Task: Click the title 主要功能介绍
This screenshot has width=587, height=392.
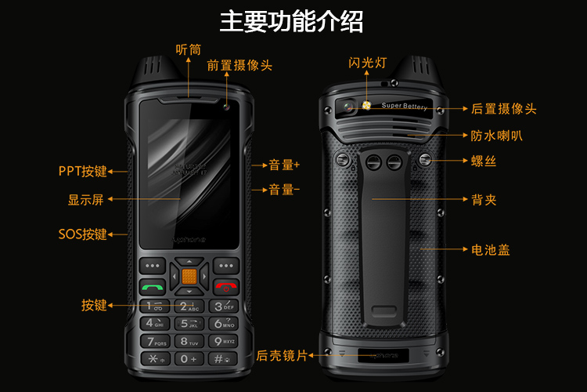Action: coord(291,21)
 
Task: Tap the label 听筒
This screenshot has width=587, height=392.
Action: coord(188,49)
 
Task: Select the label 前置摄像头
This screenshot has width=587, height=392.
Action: coord(239,66)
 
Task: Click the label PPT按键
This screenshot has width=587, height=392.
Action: coord(82,170)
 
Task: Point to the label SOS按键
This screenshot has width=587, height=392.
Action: coord(82,234)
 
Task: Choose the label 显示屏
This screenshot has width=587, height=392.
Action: coord(85,200)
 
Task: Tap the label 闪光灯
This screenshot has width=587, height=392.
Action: coord(368,63)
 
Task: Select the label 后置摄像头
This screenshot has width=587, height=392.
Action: coord(504,109)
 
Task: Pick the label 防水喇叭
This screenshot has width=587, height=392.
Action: coord(497,136)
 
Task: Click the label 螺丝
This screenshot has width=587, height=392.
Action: coord(484,161)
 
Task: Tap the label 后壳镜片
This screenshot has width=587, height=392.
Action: coord(282,355)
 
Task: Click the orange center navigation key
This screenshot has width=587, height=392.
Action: coord(189,275)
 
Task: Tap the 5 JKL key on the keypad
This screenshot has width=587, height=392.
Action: coord(188,323)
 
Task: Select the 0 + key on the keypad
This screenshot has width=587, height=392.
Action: coord(188,358)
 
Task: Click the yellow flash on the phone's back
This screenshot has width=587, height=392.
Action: coord(366,104)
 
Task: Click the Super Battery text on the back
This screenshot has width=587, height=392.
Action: coord(404,106)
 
